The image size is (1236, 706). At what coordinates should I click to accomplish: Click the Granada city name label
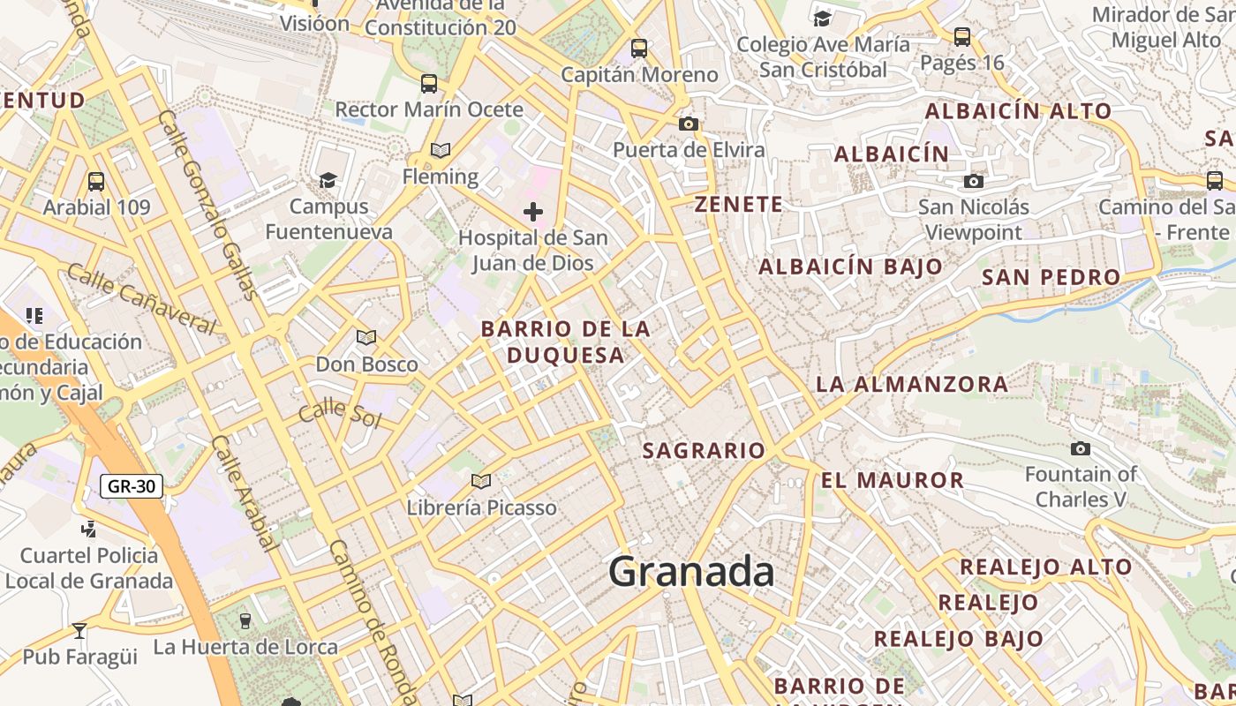click(691, 572)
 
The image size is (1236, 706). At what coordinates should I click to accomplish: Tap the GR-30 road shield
click(131, 485)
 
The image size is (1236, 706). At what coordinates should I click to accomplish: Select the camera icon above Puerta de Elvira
click(689, 124)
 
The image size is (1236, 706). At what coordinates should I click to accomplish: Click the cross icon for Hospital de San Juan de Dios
click(533, 212)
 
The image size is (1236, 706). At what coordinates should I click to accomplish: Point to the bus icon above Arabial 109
click(96, 182)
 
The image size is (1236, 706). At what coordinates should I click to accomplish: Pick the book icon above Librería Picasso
click(481, 482)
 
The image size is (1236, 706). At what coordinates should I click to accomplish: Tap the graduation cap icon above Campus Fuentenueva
click(328, 181)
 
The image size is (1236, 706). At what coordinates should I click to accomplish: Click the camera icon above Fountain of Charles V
click(1080, 449)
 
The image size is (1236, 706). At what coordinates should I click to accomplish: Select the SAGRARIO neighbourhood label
click(704, 451)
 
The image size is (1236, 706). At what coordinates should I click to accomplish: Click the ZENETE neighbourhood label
click(739, 205)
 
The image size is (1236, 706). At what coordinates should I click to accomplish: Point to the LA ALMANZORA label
click(912, 385)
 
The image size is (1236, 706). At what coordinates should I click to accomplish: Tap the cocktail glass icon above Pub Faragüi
click(79, 631)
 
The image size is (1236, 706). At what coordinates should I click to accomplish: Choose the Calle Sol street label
click(339, 414)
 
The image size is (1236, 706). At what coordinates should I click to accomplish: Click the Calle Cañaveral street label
click(141, 298)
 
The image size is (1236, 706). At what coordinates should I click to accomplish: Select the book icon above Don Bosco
click(366, 338)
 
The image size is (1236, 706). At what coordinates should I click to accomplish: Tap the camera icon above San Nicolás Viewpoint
click(974, 182)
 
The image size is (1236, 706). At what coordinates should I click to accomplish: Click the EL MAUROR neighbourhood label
click(893, 481)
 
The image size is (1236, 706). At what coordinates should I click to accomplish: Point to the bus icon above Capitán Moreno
click(639, 49)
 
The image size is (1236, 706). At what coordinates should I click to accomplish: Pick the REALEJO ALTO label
click(1045, 567)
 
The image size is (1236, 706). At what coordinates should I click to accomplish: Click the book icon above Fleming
click(441, 151)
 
